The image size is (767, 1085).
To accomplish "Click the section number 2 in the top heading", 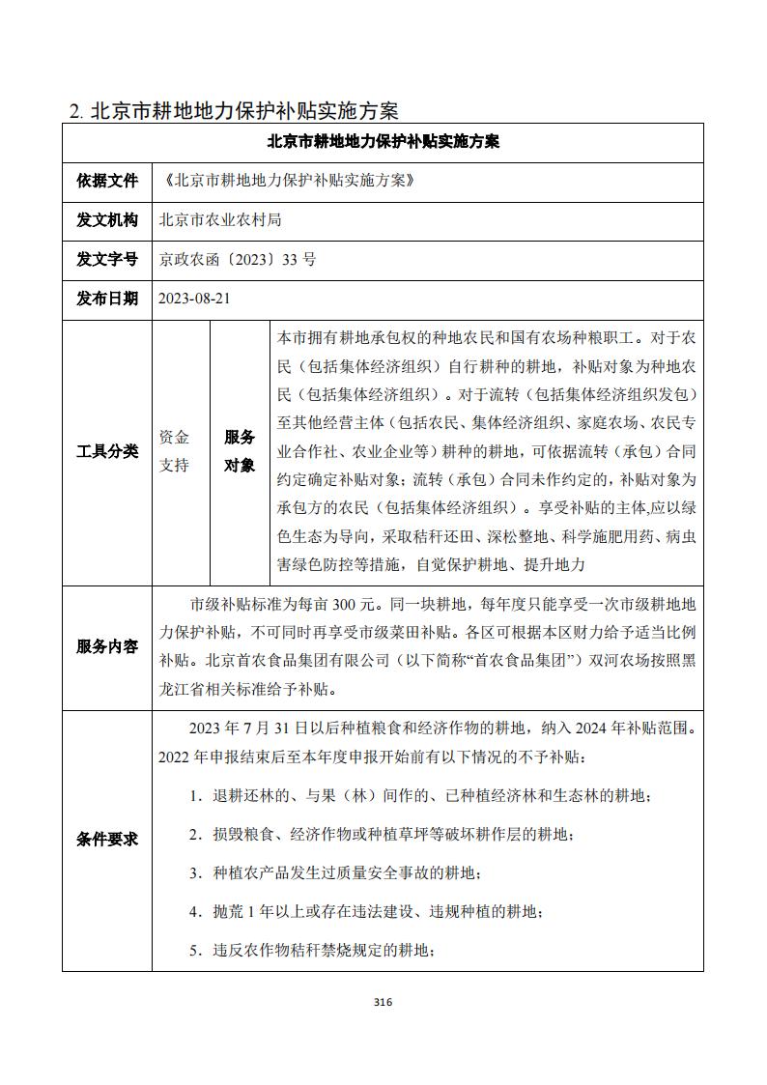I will (75, 110).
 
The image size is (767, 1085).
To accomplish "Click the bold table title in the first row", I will (383, 141).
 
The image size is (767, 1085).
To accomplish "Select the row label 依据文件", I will (107, 180).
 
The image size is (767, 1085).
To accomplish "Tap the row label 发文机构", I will (107, 219).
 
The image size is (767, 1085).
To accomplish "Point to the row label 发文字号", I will (107, 259).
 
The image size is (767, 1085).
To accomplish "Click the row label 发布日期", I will (107, 299).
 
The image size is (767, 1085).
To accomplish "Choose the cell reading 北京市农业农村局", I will (220, 219).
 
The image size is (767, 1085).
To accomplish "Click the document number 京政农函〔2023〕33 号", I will (238, 259).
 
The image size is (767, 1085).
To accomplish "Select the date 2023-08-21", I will (195, 299).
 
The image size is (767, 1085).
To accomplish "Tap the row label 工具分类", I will (107, 451).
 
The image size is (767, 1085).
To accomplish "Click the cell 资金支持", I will (175, 451).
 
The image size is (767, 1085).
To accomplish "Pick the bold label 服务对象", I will (240, 451).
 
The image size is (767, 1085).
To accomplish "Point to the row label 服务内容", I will (107, 647).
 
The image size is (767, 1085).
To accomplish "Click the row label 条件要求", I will (107, 839).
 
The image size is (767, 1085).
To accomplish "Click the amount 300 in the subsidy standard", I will (345, 606).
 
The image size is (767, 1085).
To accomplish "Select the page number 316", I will (383, 1002).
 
